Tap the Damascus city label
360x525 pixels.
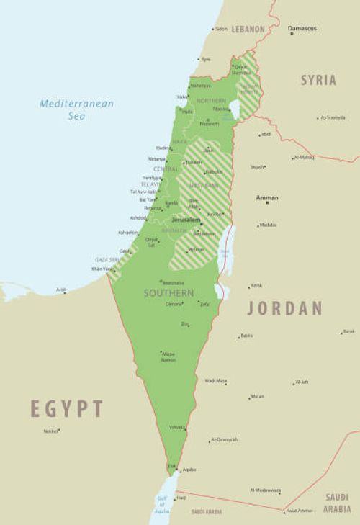tap(302, 28)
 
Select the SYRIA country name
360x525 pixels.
tap(318, 80)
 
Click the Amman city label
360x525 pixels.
tap(267, 197)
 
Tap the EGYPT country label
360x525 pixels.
tap(66, 408)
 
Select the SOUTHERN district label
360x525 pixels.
tap(168, 293)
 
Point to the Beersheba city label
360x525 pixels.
tap(174, 282)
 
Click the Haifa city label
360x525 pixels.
tap(187, 112)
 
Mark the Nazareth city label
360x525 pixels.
tap(209, 124)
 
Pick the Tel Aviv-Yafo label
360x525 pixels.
tap(143, 192)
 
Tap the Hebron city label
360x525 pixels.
tap(196, 249)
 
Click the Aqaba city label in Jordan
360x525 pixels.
tap(189, 469)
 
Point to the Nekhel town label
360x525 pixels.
tap(50, 431)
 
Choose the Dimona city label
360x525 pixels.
tap(174, 304)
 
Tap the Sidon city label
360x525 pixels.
tap(221, 29)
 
